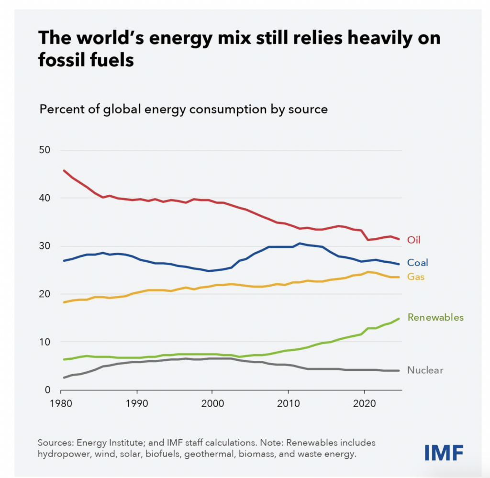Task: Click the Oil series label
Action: pyautogui.click(x=413, y=240)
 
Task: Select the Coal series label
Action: pyautogui.click(x=417, y=262)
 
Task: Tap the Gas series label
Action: pyautogui.click(x=416, y=277)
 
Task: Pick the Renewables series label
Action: pyautogui.click(x=435, y=317)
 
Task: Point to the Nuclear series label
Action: pyautogui.click(x=425, y=370)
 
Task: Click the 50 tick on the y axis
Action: pyautogui.click(x=45, y=150)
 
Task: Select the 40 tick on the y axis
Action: pyautogui.click(x=45, y=198)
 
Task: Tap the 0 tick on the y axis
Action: pyautogui.click(x=48, y=389)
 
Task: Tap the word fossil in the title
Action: pyautogui.click(x=62, y=61)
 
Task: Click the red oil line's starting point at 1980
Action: pyautogui.click(x=64, y=170)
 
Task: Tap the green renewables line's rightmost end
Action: pyautogui.click(x=399, y=319)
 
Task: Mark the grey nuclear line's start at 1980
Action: pyautogui.click(x=64, y=378)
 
